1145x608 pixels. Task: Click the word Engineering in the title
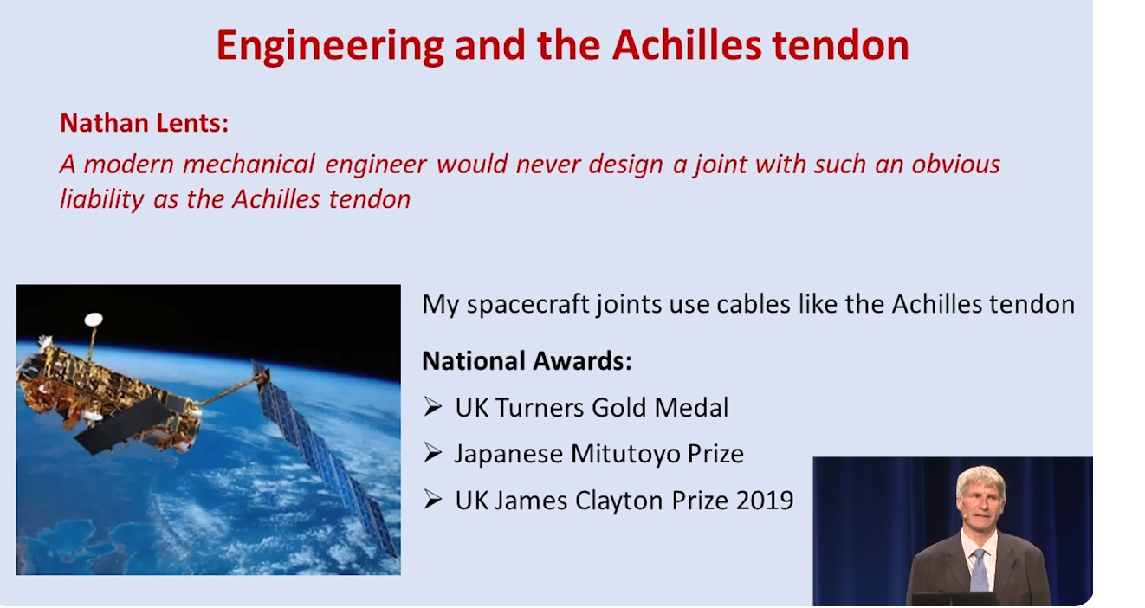tap(330, 46)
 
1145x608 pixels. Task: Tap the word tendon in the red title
tap(840, 45)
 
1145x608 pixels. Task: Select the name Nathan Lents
tap(144, 123)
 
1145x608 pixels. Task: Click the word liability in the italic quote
tap(101, 199)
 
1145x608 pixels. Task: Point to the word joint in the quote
tap(721, 165)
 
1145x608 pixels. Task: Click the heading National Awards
tap(527, 360)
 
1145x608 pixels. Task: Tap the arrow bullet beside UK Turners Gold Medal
tap(432, 407)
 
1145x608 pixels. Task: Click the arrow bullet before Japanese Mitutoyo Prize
tap(432, 453)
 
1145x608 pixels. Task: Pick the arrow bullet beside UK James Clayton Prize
tap(432, 500)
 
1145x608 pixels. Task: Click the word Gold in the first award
tap(619, 408)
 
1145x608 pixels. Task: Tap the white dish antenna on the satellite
tap(94, 319)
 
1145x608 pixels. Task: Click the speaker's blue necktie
tap(979, 569)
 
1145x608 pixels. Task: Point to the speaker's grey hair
tap(980, 481)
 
